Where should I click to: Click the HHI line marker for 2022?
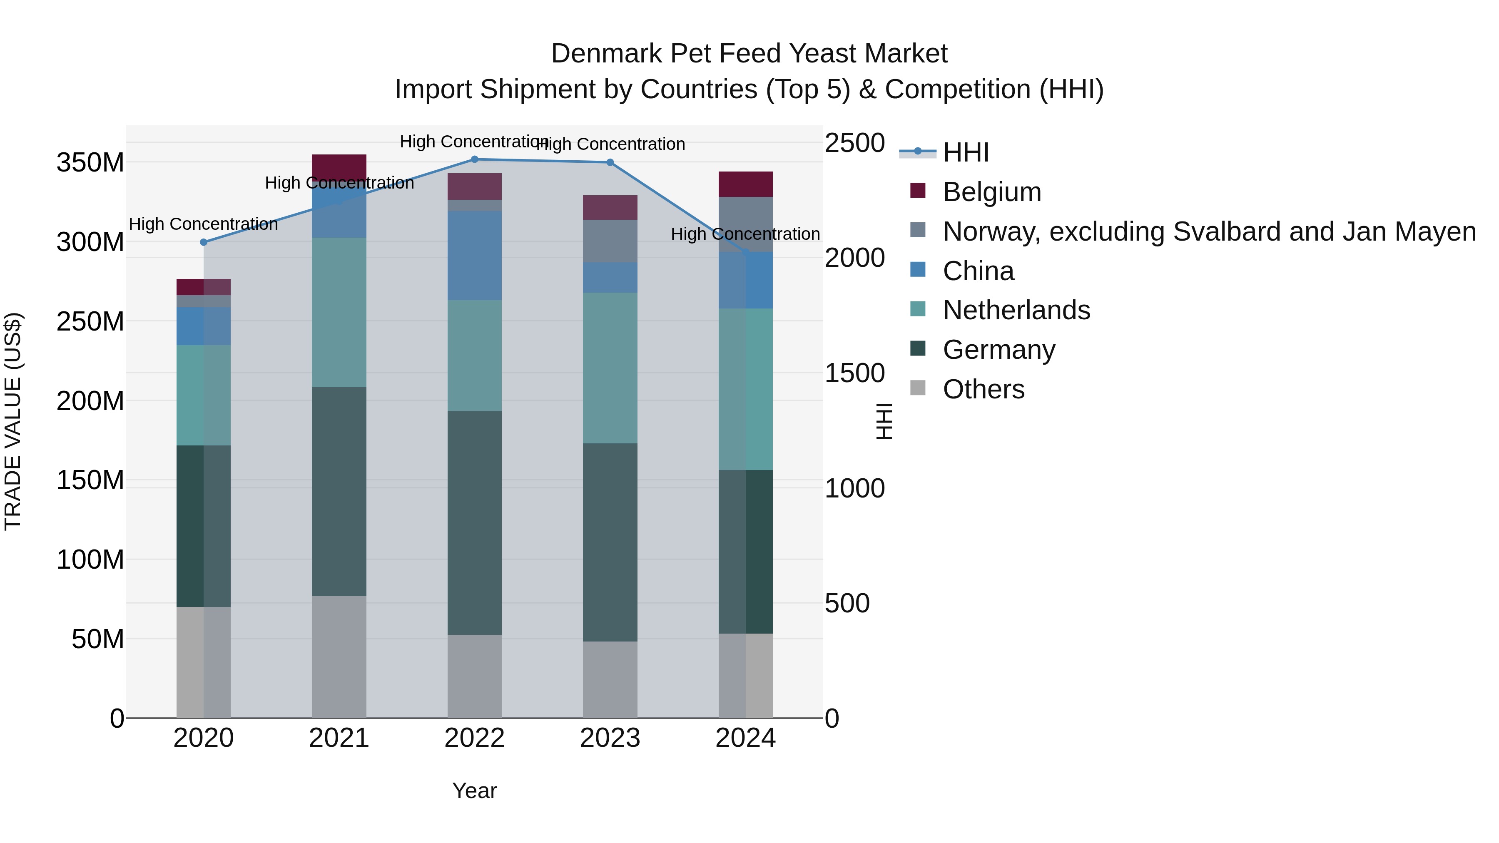474,159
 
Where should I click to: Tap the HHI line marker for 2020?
204,242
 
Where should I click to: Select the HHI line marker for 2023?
610,162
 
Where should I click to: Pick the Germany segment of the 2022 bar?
474,522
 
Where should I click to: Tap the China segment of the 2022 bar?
474,256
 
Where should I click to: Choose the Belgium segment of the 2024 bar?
745,184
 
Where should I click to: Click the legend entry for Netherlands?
1016,310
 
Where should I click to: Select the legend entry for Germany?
999,350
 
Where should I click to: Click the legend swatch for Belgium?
918,191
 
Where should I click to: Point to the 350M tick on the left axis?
90,162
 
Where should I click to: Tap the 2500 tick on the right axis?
855,143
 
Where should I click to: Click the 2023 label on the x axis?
610,738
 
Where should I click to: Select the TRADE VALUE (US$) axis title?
13,421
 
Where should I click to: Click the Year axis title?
474,791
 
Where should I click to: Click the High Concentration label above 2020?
203,224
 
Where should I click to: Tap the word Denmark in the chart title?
605,54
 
